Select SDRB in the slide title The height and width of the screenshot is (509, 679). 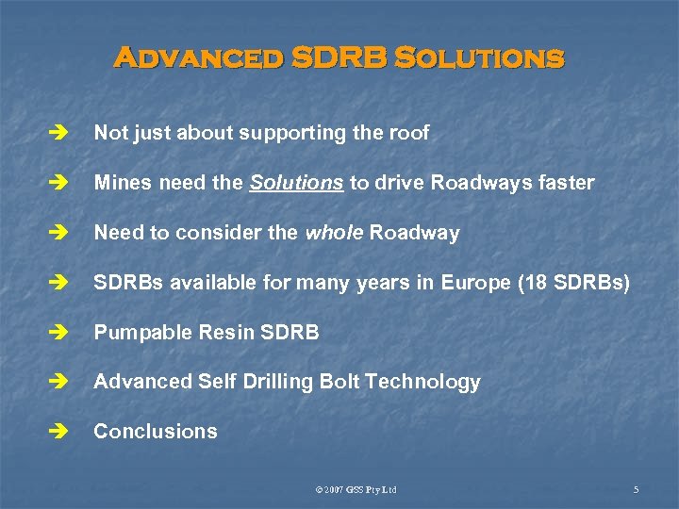339,58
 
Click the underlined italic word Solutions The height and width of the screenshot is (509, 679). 296,183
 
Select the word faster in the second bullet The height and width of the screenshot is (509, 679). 564,183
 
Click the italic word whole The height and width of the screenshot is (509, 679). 334,233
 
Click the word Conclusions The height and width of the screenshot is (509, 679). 156,432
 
